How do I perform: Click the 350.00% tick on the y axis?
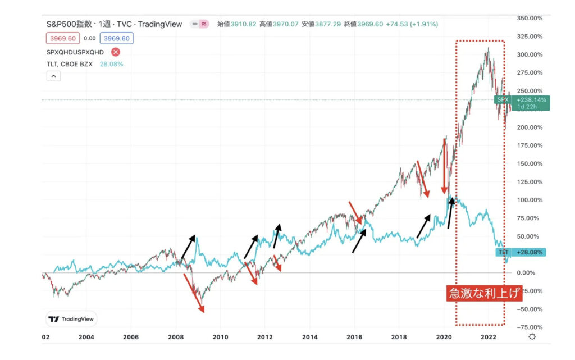[529, 18]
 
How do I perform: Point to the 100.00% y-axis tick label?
[529, 200]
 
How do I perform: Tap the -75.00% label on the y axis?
[529, 327]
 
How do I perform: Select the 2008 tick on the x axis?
[176, 337]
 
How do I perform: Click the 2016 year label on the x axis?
[354, 337]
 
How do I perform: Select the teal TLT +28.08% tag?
[521, 253]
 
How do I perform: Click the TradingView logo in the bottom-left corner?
[71, 318]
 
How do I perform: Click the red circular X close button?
[115, 52]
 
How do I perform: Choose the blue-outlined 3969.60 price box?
[116, 38]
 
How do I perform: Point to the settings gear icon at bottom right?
[532, 336]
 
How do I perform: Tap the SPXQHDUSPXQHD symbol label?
[75, 52]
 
